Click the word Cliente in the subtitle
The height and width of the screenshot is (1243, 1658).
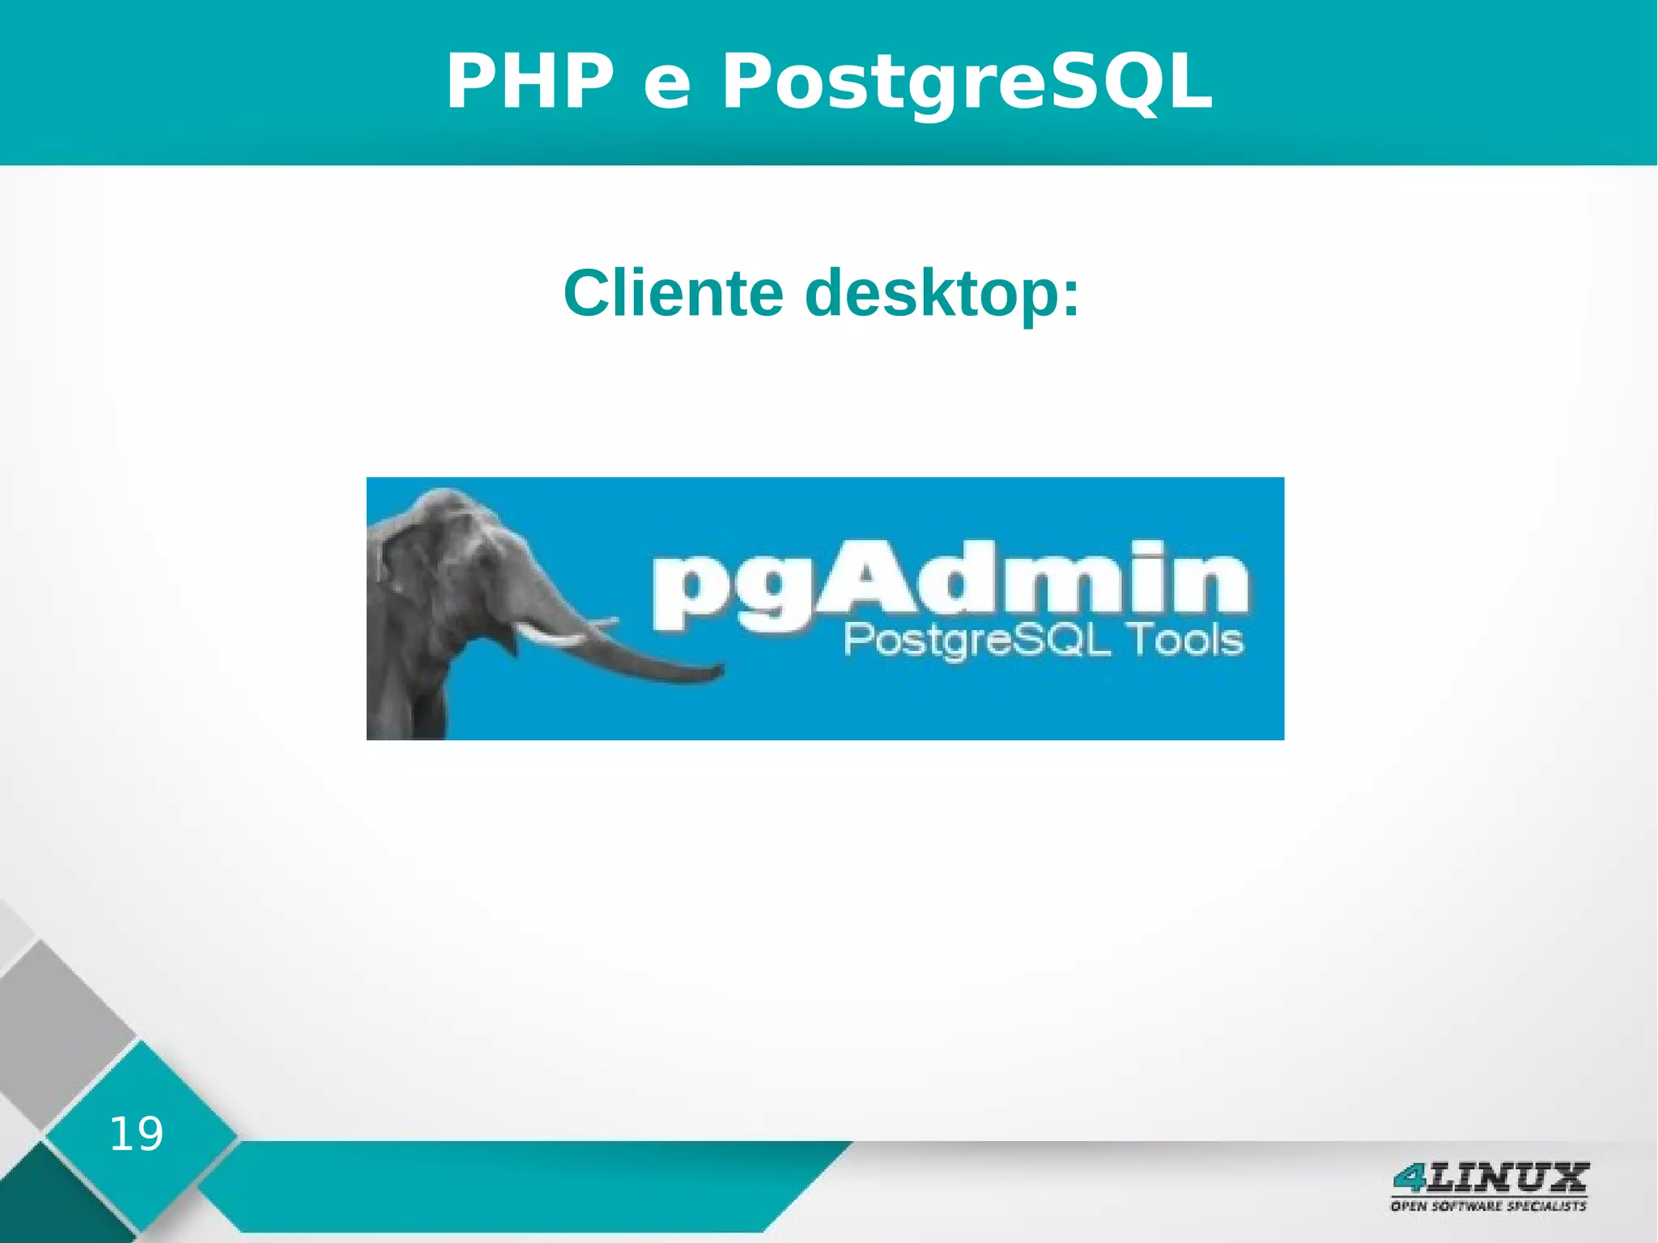click(x=674, y=292)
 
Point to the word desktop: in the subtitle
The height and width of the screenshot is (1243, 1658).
click(x=942, y=294)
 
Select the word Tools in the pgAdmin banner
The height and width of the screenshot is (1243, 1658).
click(x=1187, y=641)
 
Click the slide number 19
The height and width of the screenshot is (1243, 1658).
click(x=136, y=1134)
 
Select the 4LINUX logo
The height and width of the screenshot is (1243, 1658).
click(x=1490, y=1177)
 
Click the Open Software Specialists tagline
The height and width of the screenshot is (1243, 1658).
click(x=1488, y=1206)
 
